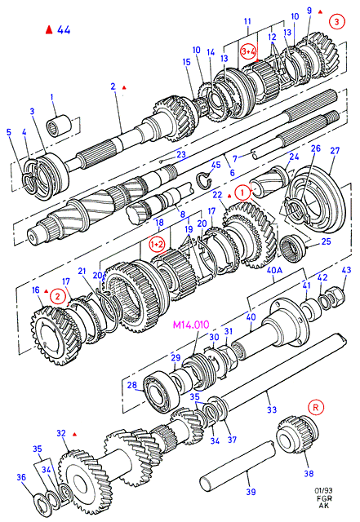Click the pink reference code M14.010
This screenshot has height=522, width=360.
coord(191,325)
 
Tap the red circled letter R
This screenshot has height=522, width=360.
coord(316,407)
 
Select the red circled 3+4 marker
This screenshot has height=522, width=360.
coord(249,51)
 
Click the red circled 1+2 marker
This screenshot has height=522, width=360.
coord(157,244)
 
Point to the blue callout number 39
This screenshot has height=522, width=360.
coord(251,491)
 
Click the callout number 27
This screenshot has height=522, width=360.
coord(335,151)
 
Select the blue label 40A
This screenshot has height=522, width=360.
coord(274,270)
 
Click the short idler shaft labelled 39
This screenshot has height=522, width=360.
coord(237,466)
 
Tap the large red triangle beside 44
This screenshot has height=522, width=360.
coord(49,29)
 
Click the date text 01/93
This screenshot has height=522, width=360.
coord(323,490)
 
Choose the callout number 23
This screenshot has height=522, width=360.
coord(181,154)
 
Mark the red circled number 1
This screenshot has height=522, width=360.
coord(242,192)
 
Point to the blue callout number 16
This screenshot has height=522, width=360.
coord(36,290)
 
